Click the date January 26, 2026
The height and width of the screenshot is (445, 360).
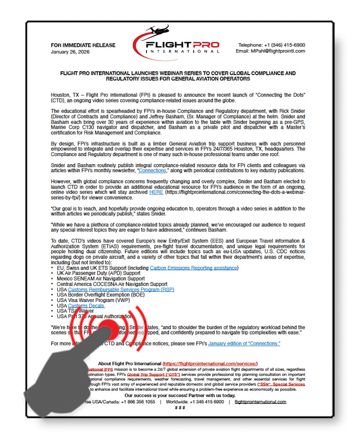click(x=70, y=52)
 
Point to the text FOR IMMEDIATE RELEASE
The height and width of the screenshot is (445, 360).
click(x=83, y=45)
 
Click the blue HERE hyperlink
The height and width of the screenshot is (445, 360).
click(x=156, y=192)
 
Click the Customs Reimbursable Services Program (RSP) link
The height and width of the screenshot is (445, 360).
click(x=121, y=289)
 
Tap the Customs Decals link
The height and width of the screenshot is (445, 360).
click(x=87, y=305)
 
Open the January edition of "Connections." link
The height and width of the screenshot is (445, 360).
click(x=244, y=344)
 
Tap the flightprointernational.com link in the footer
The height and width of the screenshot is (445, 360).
click(x=261, y=402)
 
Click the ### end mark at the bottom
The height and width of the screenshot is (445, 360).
click(x=180, y=408)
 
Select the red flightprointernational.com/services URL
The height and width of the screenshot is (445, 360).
click(x=211, y=364)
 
